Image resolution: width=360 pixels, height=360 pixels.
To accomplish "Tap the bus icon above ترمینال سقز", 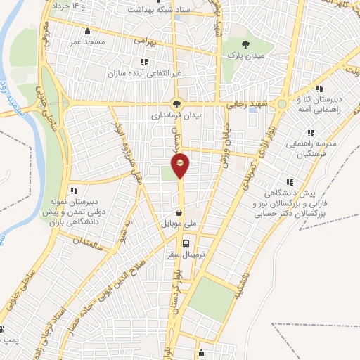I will click(x=186, y=244).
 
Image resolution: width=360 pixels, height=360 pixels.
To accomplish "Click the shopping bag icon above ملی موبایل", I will click(x=180, y=212).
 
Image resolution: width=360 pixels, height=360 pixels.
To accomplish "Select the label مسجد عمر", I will click(x=86, y=41).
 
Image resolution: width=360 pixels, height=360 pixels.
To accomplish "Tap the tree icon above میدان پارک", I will click(x=244, y=43).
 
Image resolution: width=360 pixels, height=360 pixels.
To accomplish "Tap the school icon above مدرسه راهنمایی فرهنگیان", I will click(x=310, y=132).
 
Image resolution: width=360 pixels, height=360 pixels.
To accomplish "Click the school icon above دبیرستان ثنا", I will click(x=319, y=89).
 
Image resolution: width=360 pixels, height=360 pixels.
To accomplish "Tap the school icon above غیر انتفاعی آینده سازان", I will click(x=144, y=62).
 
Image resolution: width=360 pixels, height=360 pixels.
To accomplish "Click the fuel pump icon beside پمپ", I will click(x=3, y=329).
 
